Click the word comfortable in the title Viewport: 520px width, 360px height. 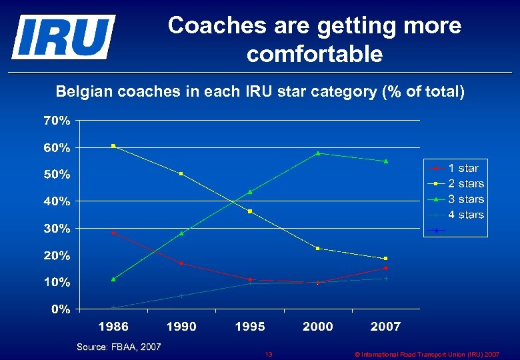(315, 54)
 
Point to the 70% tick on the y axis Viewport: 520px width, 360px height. (57, 121)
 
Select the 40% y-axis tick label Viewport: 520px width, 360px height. (57, 201)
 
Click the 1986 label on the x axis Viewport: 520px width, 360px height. (113, 327)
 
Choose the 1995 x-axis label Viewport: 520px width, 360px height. (249, 327)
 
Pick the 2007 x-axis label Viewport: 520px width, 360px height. (385, 327)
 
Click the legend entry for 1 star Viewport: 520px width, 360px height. (463, 168)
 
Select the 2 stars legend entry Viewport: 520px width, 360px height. (466, 183)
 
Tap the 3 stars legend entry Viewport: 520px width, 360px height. (466, 199)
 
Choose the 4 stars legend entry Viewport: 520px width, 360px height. (466, 214)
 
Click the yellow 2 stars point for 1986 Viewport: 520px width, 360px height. (113, 145)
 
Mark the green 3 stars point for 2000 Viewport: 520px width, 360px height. (318, 153)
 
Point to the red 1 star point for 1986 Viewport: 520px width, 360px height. (113, 233)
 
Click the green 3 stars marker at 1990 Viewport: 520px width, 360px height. (181, 233)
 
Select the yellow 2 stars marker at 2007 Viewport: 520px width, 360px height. (385, 258)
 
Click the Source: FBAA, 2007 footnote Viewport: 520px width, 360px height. (119, 347)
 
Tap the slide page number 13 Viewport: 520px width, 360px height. (268, 354)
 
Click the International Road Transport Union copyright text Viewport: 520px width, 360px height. (427, 354)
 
